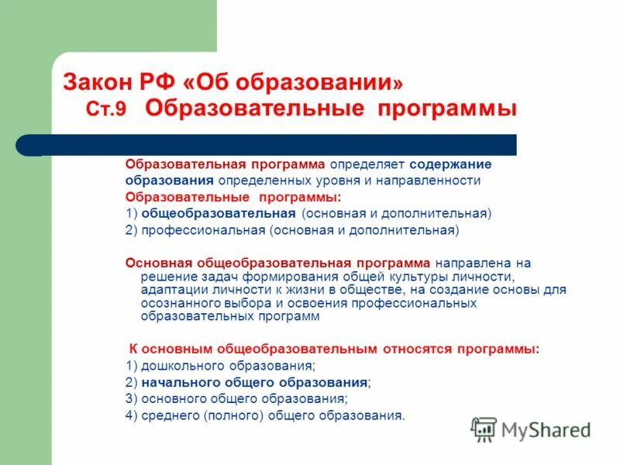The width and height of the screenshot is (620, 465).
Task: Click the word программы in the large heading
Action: (447, 108)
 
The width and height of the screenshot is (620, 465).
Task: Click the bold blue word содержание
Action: (451, 164)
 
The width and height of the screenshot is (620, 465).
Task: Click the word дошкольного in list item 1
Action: (177, 365)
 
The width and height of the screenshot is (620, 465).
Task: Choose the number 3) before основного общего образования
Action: (131, 398)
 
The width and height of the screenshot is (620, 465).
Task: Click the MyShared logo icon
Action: (484, 429)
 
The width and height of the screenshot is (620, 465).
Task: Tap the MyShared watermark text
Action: (547, 430)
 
